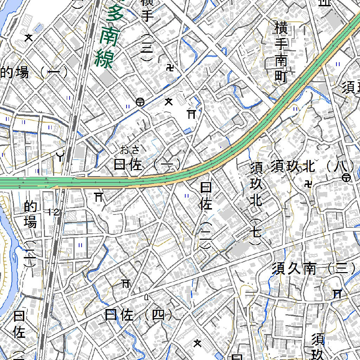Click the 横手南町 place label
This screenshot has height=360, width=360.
point(281,52)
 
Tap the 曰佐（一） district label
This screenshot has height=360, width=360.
point(147,165)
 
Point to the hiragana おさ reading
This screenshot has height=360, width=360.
point(130,150)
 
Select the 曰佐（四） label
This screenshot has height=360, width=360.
point(139,315)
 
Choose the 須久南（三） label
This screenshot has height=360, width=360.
point(314,269)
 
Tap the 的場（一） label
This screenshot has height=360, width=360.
point(34,73)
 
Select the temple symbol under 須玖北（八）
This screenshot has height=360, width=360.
point(309,184)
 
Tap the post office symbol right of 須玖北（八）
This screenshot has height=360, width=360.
point(346,178)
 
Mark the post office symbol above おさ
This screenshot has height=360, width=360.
point(140,102)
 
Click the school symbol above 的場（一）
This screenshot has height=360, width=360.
point(28,37)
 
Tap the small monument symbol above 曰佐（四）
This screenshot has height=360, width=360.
point(147,297)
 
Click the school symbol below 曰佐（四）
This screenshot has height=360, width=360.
point(198,343)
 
